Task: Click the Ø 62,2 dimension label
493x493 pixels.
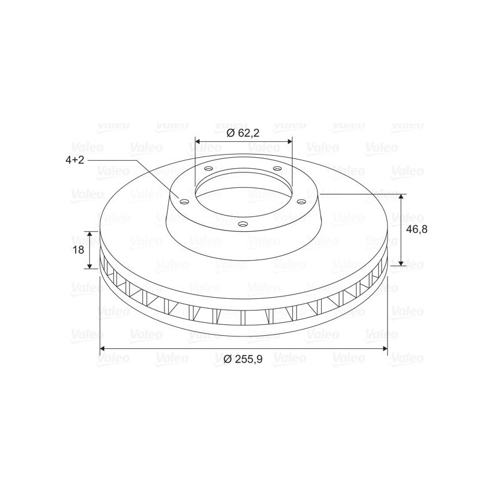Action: click(243, 133)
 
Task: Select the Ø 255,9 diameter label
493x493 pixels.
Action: click(243, 359)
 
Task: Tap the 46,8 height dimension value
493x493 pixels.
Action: click(417, 229)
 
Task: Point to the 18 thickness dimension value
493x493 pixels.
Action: click(79, 250)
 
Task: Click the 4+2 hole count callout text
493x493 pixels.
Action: click(75, 160)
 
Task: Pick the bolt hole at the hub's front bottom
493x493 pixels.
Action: click(243, 224)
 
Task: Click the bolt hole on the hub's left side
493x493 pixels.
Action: click(184, 202)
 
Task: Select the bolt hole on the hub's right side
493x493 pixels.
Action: click(301, 202)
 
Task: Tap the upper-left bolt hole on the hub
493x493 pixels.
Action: click(208, 169)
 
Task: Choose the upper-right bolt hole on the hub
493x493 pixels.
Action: click(277, 169)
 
